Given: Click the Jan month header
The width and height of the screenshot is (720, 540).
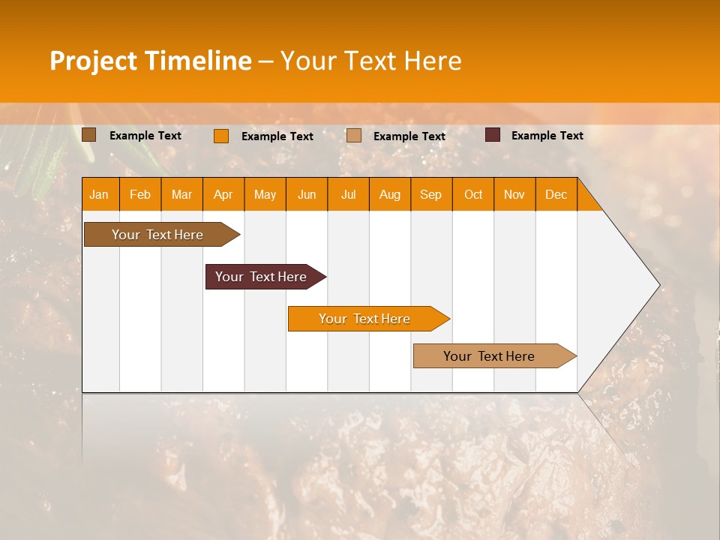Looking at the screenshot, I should [99, 195].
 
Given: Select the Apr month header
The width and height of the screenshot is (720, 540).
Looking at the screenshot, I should [223, 195].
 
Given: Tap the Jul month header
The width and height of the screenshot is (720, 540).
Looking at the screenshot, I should [348, 195].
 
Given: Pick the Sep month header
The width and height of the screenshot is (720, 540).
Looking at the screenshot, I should [430, 195].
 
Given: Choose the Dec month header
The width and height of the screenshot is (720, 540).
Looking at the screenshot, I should [556, 195].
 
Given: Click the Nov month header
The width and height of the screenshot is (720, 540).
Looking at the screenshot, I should [514, 195].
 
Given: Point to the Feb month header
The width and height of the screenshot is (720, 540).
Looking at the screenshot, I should [140, 195].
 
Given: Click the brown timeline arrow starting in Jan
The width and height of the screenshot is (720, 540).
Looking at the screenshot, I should [157, 235].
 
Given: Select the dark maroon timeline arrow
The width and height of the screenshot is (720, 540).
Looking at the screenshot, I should [261, 277].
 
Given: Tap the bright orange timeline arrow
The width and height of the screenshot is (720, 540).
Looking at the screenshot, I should [364, 319].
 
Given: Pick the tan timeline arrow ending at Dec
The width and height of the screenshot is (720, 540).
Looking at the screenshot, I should [489, 356].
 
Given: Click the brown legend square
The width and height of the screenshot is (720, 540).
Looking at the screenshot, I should [88, 135].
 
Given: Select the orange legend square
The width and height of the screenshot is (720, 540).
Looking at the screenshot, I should [220, 136].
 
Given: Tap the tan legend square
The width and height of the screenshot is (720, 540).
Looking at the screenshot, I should [353, 136].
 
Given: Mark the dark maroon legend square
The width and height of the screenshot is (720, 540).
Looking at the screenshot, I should [492, 135].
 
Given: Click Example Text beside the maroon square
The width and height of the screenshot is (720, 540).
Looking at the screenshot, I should [547, 136].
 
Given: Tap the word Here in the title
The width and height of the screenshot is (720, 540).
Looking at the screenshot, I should [433, 61].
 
